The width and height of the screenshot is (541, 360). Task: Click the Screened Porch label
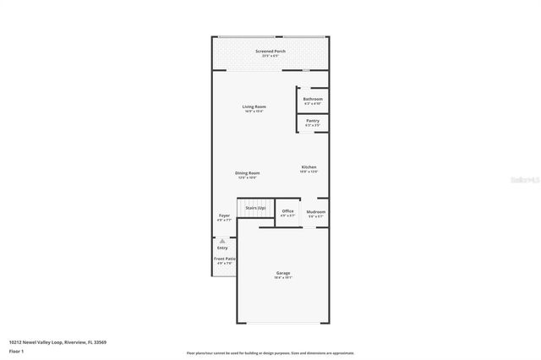tap(270, 52)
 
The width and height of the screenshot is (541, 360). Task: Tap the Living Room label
tap(254, 106)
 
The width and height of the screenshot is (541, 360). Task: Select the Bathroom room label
tap(313, 100)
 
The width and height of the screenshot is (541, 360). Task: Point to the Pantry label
tap(313, 121)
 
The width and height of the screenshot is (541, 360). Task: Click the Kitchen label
tap(309, 167)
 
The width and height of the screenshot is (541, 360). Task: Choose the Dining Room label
tap(247, 173)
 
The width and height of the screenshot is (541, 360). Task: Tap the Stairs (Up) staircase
tap(255, 208)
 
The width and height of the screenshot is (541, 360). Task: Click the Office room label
tap(287, 211)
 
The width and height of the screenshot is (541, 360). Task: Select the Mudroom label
tap(316, 211)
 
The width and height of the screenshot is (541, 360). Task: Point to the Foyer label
tap(224, 215)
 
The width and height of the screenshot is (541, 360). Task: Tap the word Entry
tap(223, 248)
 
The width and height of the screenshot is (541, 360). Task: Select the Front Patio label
tap(225, 259)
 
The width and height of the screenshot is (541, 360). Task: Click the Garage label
tap(283, 273)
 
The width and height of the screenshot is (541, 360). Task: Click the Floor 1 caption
tap(16, 349)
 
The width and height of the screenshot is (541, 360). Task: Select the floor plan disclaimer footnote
tap(270, 352)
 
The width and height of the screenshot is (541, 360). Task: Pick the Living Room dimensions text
tap(254, 111)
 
